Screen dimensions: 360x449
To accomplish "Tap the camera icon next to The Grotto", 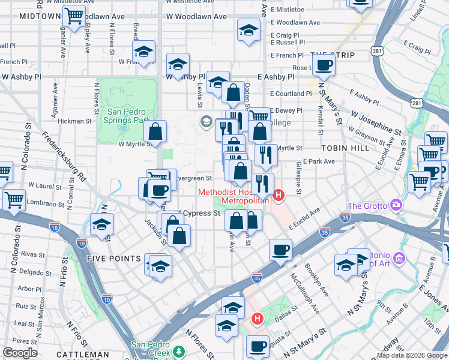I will point(396,205).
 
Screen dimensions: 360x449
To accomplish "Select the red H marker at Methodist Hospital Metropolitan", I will point(279,195).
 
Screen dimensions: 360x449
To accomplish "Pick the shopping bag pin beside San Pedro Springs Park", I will point(155,132).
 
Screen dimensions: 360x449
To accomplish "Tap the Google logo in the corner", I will point(20,353).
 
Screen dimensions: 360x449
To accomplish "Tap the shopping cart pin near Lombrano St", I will point(14,200).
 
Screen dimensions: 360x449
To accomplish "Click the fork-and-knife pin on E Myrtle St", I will point(265,154).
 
